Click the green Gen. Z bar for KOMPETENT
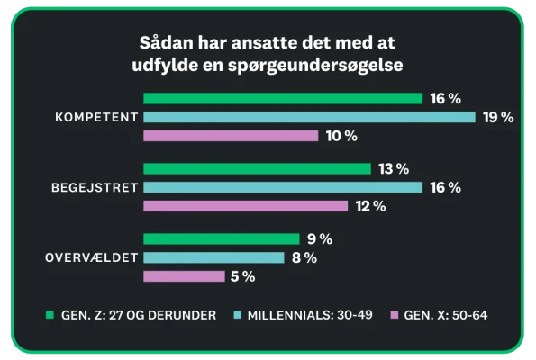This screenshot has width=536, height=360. [283, 98]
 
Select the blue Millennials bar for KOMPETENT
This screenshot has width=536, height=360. [309, 117]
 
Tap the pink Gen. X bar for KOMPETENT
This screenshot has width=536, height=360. [231, 136]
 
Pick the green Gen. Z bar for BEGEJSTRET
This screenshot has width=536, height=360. [257, 168]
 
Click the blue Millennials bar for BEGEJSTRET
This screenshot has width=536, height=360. [283, 187]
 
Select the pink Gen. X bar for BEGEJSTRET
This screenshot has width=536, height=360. [245, 206]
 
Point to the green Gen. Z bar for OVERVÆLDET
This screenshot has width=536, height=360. [221, 239]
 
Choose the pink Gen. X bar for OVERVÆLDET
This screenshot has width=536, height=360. [184, 277]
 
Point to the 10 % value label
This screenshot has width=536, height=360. [341, 136]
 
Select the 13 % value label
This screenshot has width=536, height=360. [393, 168]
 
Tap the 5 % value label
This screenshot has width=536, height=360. [242, 277]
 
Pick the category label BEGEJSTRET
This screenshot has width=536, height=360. [93, 187]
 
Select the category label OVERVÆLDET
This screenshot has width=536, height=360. [91, 258]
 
